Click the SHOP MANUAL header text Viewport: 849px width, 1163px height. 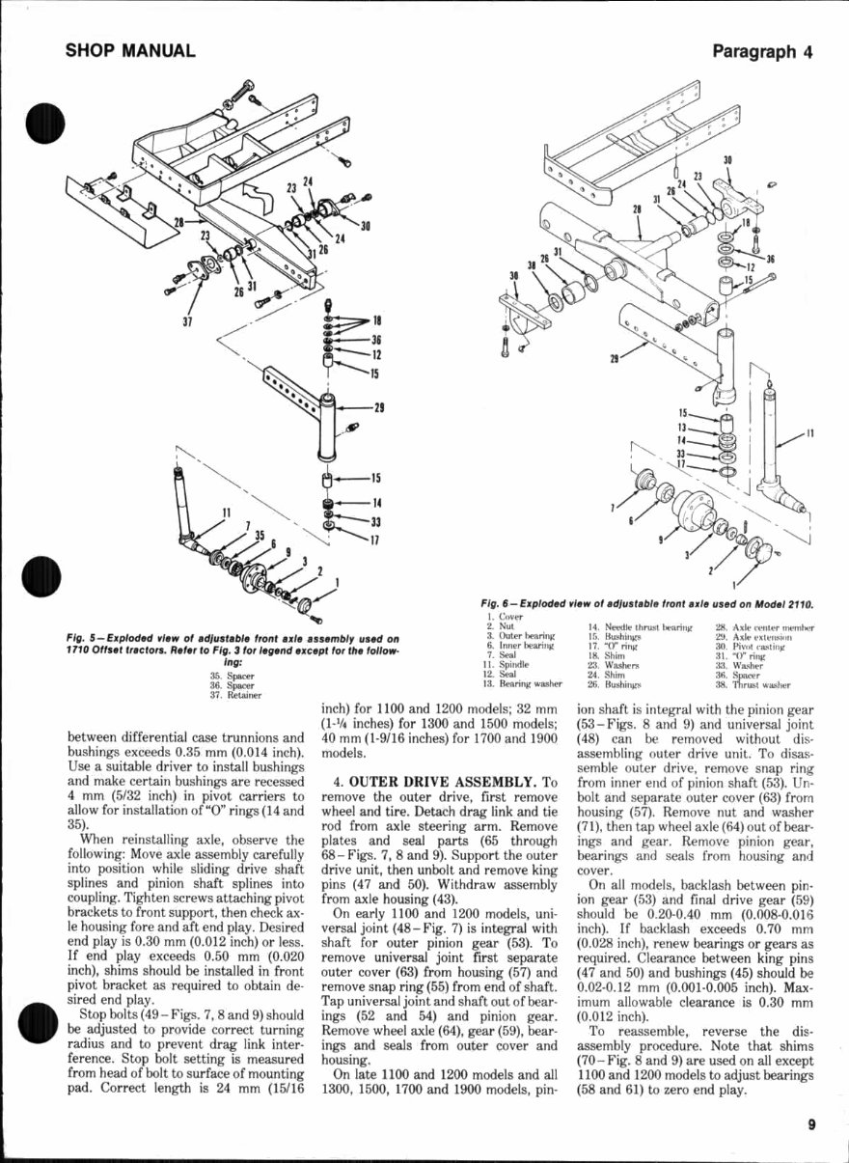[131, 51]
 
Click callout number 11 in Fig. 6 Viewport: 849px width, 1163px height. [809, 433]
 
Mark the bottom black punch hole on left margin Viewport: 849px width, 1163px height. [39, 1022]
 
